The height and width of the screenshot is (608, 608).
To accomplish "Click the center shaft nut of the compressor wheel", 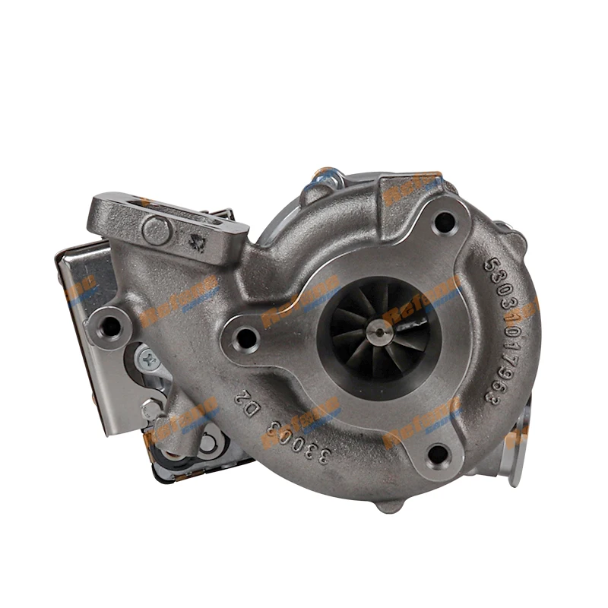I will coord(378,331).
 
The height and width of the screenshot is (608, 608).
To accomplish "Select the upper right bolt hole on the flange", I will coord(443,222).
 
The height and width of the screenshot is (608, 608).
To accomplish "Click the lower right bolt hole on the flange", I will coord(439,454).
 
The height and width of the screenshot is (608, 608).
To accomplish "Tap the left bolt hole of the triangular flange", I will coord(245,338).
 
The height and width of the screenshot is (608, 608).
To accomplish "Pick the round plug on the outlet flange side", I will coord(157,230).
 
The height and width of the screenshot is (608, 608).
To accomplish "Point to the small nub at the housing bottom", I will coord(388,505).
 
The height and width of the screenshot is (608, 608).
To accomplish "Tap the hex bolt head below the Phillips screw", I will coord(151,410).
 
